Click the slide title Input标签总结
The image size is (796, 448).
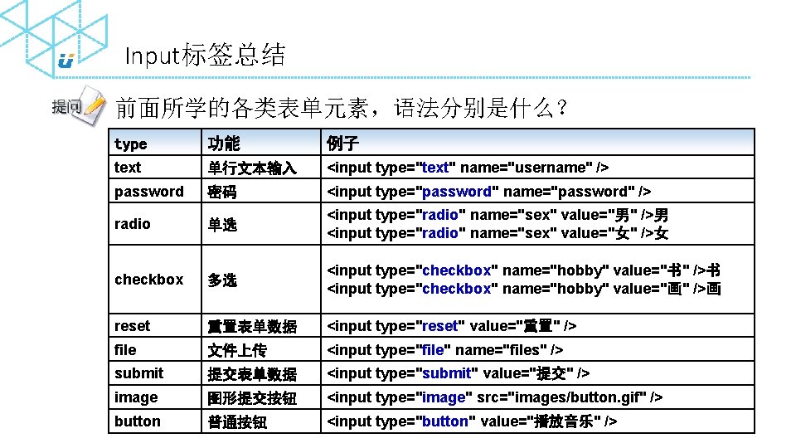point(205,56)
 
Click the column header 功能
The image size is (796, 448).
point(224,144)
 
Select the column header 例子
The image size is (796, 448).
point(343,144)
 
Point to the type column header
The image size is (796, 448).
point(131,144)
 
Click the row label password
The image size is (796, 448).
point(149,192)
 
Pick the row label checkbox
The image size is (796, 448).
point(149,280)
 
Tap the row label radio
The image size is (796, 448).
point(133,224)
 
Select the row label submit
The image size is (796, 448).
point(139,373)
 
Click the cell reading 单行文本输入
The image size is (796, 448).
point(252,168)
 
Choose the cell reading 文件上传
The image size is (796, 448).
point(237,350)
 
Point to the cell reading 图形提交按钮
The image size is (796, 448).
point(252,398)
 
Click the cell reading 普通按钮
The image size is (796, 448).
point(237,421)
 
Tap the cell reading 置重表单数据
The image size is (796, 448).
point(252,326)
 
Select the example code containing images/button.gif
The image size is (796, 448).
point(495,397)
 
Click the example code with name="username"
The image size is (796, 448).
point(468,168)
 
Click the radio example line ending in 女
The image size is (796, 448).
point(498,233)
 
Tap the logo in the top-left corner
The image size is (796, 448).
point(66,60)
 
